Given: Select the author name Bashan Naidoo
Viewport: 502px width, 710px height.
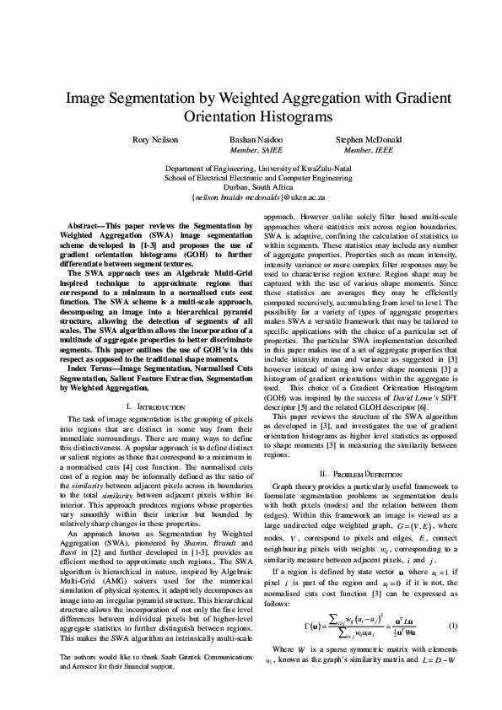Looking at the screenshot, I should click(x=252, y=139).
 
